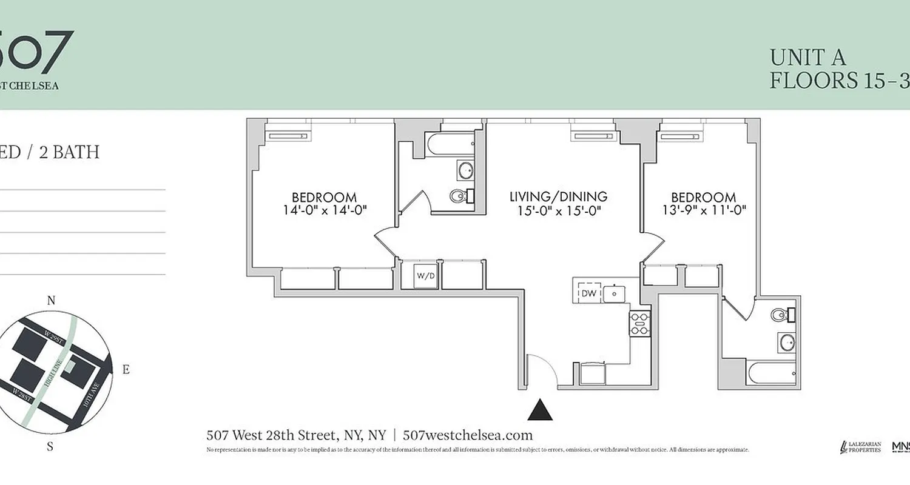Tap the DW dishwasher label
588,293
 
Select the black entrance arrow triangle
540,410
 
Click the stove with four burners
640,323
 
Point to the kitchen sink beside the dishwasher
614,293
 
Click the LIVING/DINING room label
558,197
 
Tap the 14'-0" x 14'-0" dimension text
325,210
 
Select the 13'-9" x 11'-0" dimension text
704,210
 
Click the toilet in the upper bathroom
459,196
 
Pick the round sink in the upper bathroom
465,170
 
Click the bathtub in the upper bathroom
450,144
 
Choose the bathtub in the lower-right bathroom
772,372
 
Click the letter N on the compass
52,301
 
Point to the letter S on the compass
50,447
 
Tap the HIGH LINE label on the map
53,373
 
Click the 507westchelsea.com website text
467,435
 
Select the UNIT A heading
807,58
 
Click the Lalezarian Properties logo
860,447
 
